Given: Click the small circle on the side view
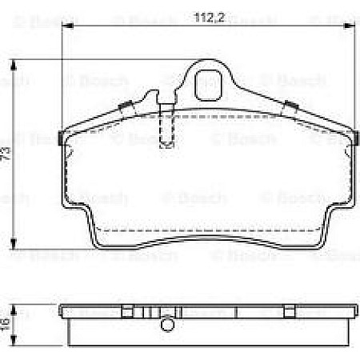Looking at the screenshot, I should [167, 324].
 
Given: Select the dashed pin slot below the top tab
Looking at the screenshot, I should [166, 128].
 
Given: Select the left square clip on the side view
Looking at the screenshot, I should [126, 310].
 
